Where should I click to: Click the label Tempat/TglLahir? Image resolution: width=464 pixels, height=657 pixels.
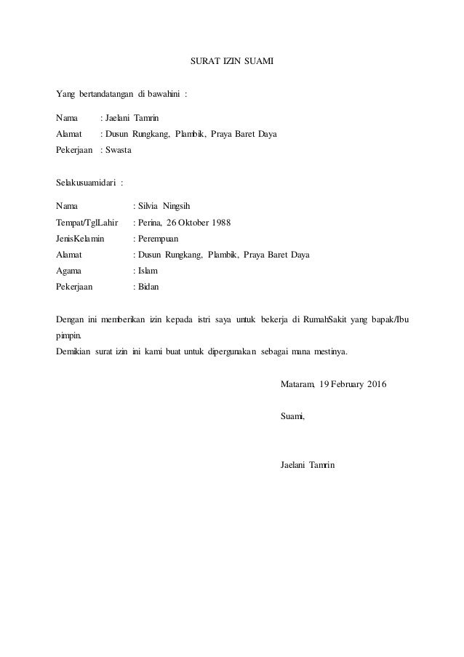coord(87,222)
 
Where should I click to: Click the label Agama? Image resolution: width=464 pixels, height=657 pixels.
coord(69,270)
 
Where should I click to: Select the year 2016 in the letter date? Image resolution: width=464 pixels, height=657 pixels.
coord(374,383)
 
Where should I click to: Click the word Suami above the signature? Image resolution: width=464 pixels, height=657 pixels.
coord(292,415)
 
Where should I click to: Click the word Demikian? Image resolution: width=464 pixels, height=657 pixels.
coord(74,354)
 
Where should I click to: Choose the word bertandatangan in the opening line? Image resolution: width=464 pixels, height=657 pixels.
coord(107,95)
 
